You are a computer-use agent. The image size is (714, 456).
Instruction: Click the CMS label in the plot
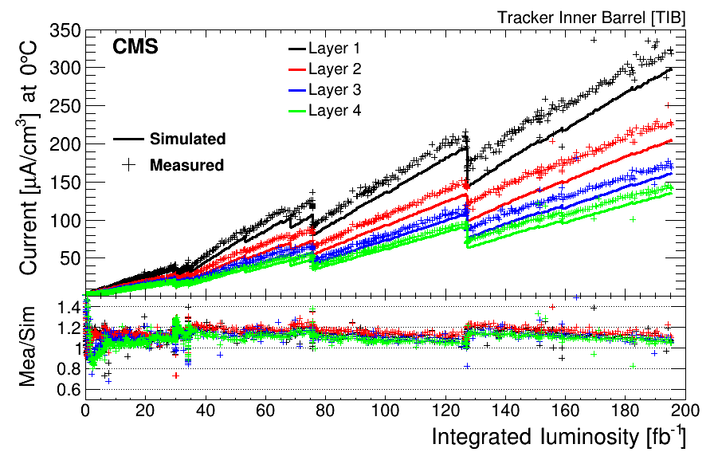135,47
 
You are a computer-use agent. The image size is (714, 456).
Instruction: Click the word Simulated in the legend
187,139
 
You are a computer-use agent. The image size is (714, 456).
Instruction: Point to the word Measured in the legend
186,165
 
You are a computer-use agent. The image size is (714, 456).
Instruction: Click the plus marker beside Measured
130,164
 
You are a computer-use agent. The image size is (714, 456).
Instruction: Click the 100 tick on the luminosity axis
386,412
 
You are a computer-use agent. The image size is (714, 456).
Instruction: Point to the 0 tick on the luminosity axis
85,412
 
